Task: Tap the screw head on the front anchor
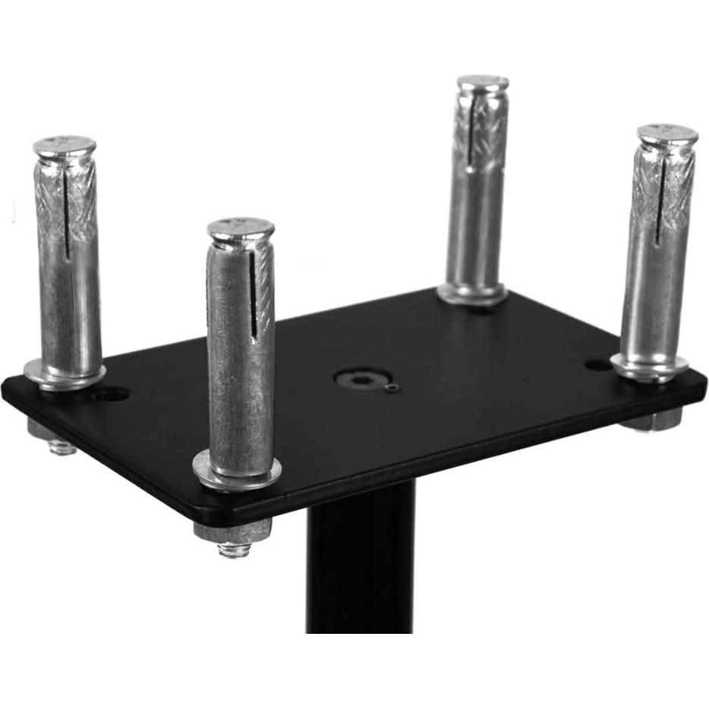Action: (241, 228)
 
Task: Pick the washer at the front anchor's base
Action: (236, 471)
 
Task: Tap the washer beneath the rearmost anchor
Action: (471, 294)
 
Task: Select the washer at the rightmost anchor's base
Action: (649, 367)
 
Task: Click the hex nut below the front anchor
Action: (232, 532)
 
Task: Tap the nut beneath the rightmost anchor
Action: (651, 419)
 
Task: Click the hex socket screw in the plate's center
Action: (363, 378)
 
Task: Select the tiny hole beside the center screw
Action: (392, 389)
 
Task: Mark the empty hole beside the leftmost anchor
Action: (112, 395)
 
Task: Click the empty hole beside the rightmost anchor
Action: (598, 365)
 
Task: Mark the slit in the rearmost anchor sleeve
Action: (471, 137)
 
